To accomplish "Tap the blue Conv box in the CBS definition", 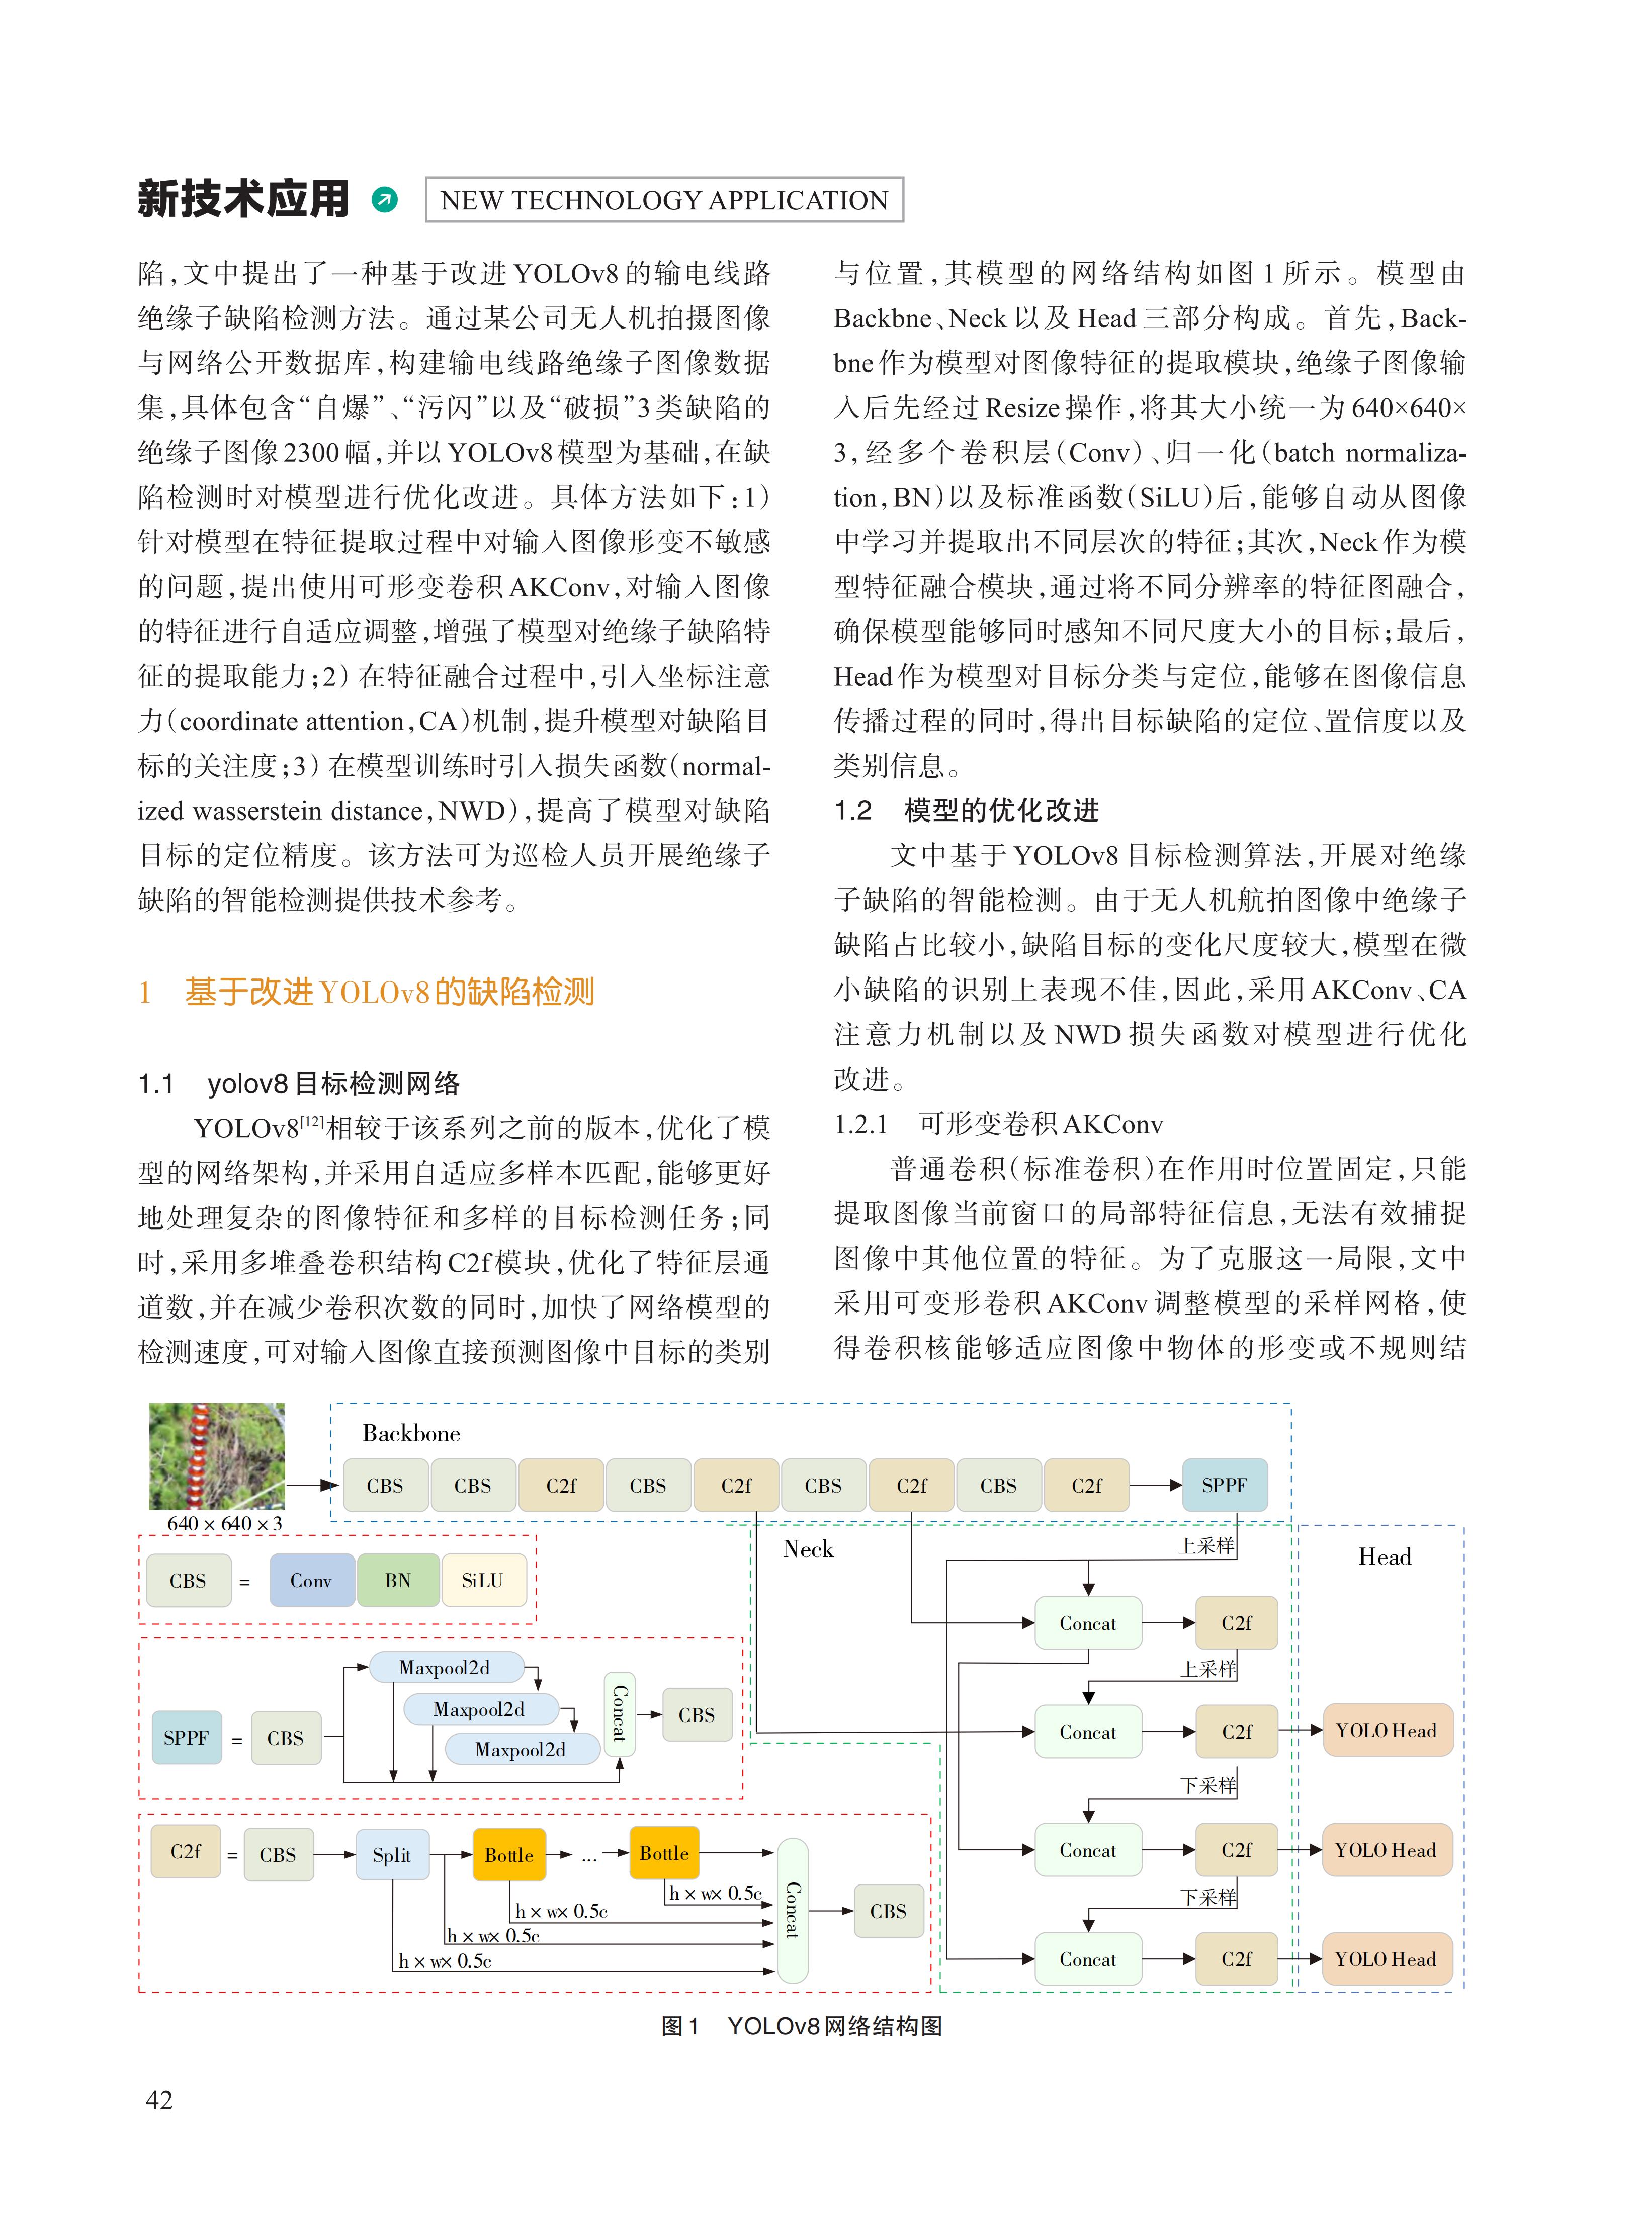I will pyautogui.click(x=311, y=1580).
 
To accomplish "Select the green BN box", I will pyautogui.click(x=398, y=1580).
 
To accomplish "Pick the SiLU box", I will pyautogui.click(x=482, y=1580).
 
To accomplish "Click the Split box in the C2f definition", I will pyautogui.click(x=392, y=1854).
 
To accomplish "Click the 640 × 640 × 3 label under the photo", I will pyautogui.click(x=225, y=1523).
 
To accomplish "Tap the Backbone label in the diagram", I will pyautogui.click(x=410, y=1433).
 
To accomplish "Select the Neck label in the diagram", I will pyautogui.click(x=808, y=1548).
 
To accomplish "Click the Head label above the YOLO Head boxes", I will pyautogui.click(x=1385, y=1556).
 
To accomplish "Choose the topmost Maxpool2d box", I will pyautogui.click(x=444, y=1667).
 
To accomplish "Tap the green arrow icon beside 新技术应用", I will pyautogui.click(x=384, y=200).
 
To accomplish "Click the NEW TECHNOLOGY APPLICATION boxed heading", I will pyautogui.click(x=664, y=200).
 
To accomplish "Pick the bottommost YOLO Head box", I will pyautogui.click(x=1386, y=1958).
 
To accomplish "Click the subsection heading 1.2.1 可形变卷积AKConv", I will pyautogui.click(x=998, y=1123).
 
